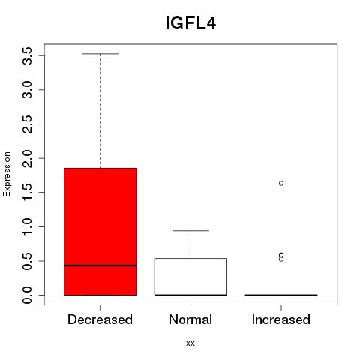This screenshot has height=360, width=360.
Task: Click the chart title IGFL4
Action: click(x=190, y=23)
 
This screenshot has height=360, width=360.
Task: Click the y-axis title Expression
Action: click(x=7, y=174)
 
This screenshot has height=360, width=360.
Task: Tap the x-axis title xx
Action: click(x=190, y=343)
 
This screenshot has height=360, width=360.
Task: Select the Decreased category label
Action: click(x=100, y=319)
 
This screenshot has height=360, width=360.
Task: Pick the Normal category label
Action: click(x=190, y=319)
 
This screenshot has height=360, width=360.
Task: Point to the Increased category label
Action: click(x=281, y=319)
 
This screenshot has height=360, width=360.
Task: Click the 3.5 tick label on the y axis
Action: click(x=27, y=56)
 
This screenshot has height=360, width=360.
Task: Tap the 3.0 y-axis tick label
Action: click(x=27, y=90)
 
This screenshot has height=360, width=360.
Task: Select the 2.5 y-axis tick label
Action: click(x=27, y=124)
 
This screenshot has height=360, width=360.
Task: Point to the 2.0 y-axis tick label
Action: click(x=27, y=158)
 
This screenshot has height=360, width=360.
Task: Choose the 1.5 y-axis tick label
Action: click(x=27, y=193)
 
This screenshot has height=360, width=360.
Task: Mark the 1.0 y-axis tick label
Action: click(x=27, y=226)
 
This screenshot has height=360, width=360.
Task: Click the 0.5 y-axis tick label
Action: click(x=27, y=261)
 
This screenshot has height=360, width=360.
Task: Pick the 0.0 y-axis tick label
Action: click(x=27, y=295)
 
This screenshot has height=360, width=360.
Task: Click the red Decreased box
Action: click(x=100, y=232)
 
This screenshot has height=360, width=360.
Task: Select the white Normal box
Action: click(x=190, y=277)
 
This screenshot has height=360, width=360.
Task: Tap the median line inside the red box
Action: click(x=100, y=265)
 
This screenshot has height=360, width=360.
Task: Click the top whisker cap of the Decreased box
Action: click(x=100, y=54)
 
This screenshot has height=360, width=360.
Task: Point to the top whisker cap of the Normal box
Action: click(x=190, y=231)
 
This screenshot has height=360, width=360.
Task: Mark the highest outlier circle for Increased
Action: click(x=281, y=184)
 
